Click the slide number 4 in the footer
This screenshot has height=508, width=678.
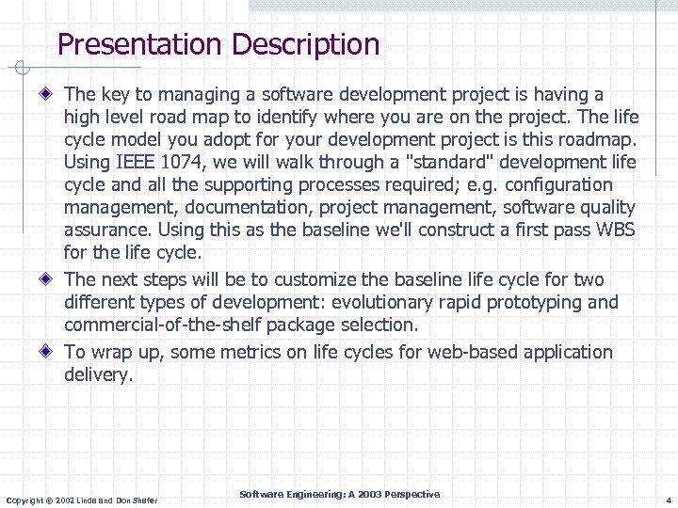click(x=667, y=500)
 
